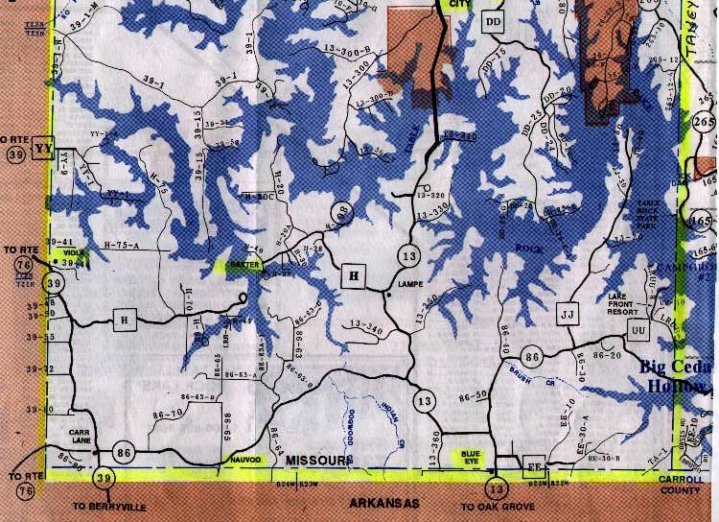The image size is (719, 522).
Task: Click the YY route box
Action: click(x=42, y=151)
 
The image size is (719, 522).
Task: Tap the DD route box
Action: click(x=494, y=21)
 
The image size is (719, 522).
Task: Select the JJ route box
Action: click(x=567, y=314)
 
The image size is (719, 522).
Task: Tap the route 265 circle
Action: click(x=704, y=123)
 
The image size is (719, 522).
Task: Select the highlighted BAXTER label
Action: click(x=239, y=265)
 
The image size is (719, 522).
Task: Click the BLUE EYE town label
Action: click(x=470, y=455)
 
